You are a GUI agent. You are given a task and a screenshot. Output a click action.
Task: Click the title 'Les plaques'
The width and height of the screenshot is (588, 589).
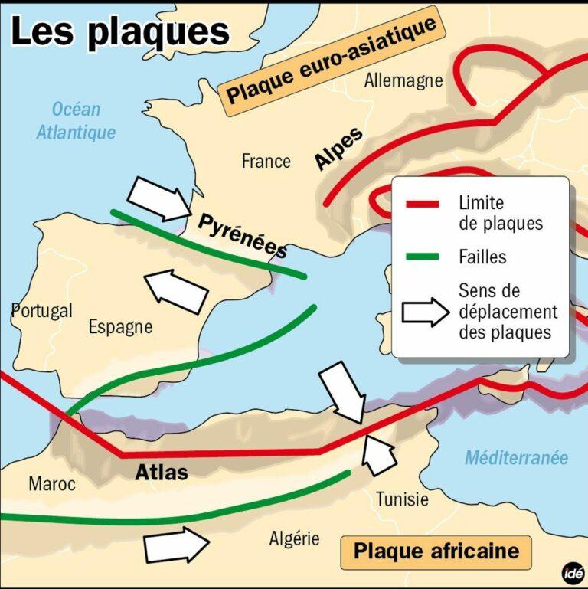tap(120, 31)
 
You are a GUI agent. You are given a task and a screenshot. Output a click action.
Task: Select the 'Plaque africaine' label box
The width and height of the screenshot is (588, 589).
tap(436, 551)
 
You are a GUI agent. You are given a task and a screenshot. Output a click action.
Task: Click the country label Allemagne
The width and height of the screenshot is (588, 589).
tap(403, 80)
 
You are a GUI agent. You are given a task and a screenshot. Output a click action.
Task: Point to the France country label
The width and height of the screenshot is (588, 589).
tap(266, 161)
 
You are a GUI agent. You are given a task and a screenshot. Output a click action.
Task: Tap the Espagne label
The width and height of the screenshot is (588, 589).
tap(120, 327)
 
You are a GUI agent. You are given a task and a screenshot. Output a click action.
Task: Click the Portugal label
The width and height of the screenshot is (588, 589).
tap(42, 311)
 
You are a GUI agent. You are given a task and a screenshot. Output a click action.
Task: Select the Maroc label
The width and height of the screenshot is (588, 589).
tap(52, 484)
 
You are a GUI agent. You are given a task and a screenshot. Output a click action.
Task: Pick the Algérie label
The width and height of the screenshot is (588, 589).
tap(294, 539)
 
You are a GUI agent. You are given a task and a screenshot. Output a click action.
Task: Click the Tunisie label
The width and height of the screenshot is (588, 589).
tap(402, 499)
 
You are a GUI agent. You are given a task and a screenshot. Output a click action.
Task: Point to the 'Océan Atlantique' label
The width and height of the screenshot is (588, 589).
tap(76, 121)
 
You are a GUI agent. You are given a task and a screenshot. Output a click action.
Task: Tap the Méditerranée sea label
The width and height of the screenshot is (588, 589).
tap(517, 458)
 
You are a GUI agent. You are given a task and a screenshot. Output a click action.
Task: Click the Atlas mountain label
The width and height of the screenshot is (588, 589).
tap(162, 472)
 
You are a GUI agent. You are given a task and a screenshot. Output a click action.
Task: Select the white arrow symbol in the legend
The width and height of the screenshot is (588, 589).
tap(425, 312)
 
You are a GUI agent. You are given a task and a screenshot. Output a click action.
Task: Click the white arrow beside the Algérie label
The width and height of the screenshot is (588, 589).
tap(176, 545)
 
